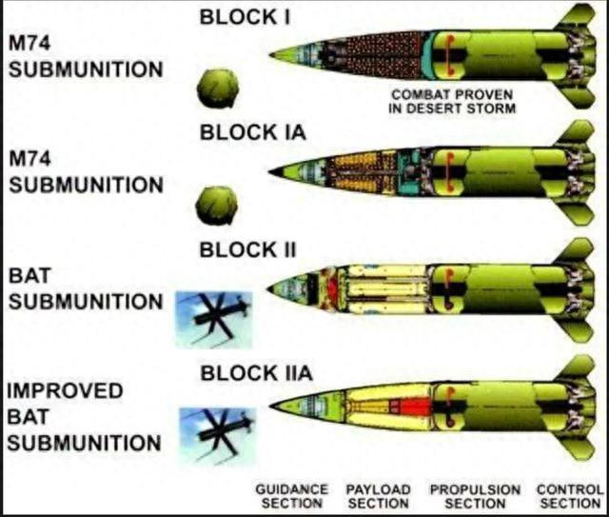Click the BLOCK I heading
242,16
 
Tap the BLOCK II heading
247,250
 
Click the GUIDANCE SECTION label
291,495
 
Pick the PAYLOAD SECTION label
378,495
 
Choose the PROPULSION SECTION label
475,495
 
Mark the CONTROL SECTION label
569,495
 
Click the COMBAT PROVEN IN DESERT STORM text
452,102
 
